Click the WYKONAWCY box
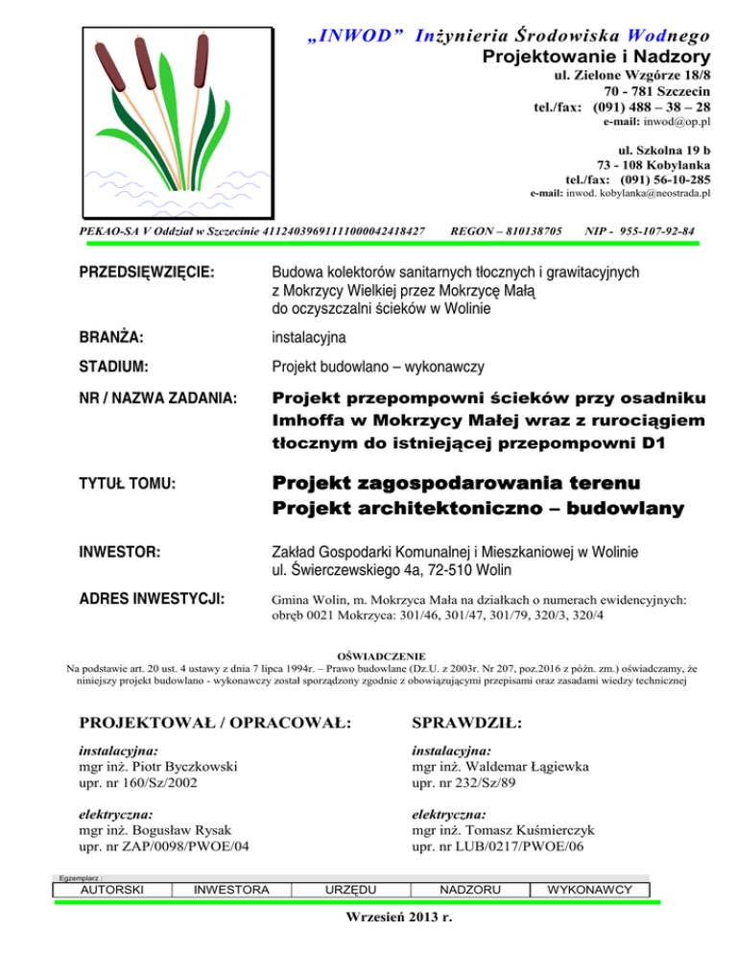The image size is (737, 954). (589, 890)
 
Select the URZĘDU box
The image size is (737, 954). (350, 890)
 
